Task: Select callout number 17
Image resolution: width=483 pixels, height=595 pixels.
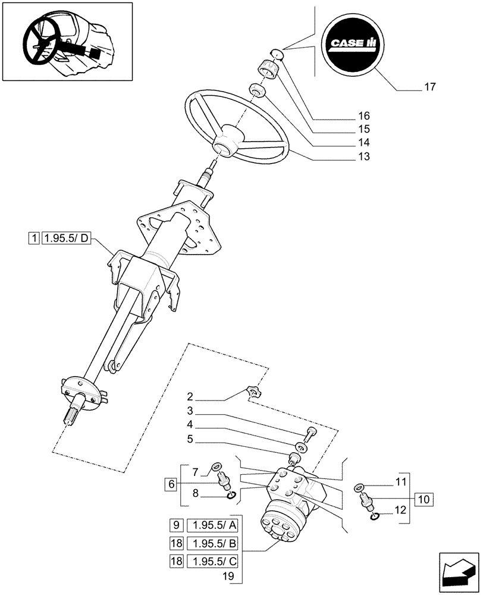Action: [x=429, y=87]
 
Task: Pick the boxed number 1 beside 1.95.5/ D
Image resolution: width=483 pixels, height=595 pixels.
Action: [x=34, y=239]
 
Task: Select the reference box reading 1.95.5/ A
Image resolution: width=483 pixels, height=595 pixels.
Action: [x=212, y=525]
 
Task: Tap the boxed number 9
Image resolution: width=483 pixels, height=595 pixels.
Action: [x=175, y=525]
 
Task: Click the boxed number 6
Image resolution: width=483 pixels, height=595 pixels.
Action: [x=171, y=484]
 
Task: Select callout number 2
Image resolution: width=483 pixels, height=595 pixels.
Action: [x=189, y=396]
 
